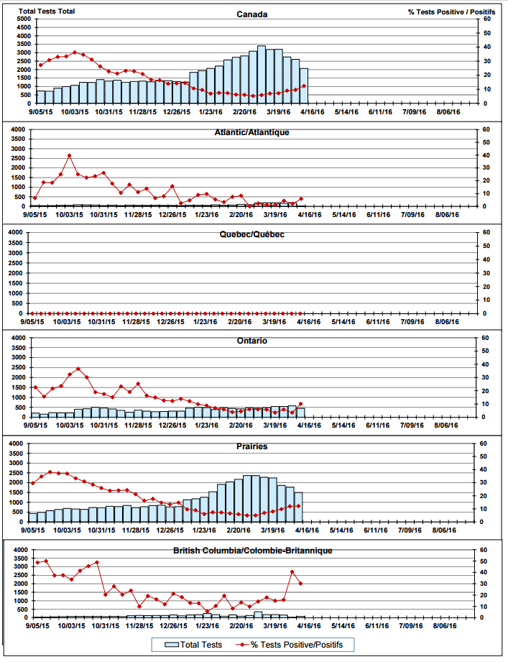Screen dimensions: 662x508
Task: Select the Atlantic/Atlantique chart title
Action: (252, 133)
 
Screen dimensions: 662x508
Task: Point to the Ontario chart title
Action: (252, 341)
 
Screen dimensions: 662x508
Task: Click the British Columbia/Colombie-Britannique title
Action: (252, 551)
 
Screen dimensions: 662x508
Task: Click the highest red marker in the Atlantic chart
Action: (69, 155)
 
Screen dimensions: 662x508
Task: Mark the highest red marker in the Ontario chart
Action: (78, 369)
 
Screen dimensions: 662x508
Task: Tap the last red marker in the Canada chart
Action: (304, 86)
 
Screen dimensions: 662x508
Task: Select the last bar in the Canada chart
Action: (304, 86)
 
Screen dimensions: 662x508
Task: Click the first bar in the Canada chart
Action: (41, 97)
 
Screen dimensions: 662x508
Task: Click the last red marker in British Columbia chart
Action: (300, 583)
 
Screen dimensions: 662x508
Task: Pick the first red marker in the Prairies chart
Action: (33, 483)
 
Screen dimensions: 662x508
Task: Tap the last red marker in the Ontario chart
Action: (301, 404)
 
